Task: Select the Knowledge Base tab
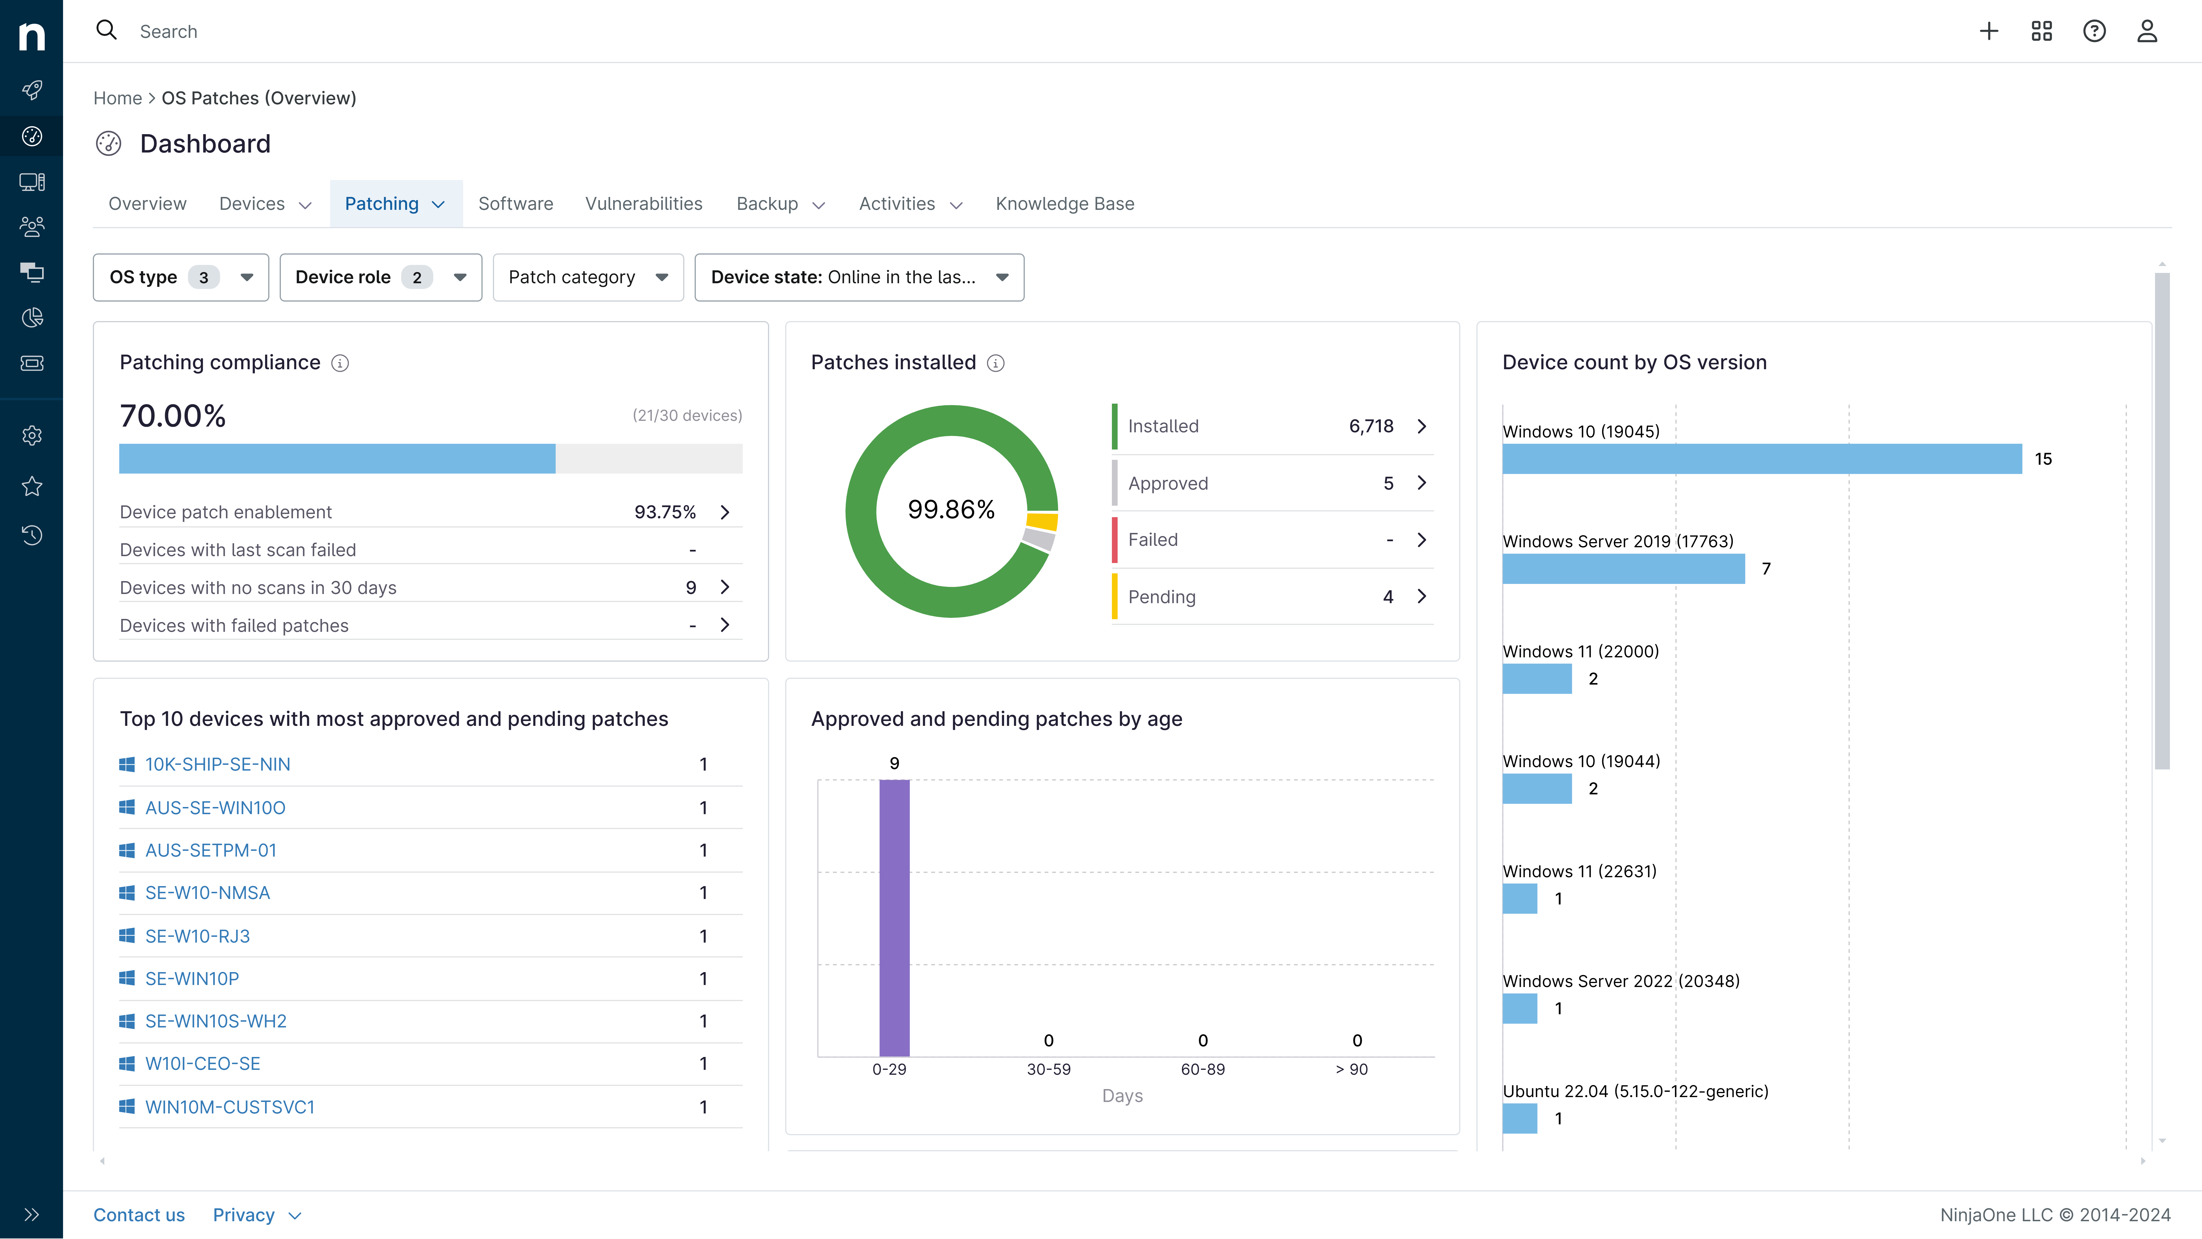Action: click(x=1064, y=204)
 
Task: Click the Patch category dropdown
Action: click(x=587, y=277)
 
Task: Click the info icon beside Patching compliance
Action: click(x=340, y=364)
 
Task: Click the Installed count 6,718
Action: click(x=1370, y=426)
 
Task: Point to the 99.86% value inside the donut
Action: click(x=951, y=510)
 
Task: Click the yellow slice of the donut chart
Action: click(x=1042, y=521)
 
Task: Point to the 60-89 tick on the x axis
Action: click(x=1202, y=1069)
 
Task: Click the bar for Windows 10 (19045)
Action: click(x=1761, y=459)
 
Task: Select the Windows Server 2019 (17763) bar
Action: click(x=1623, y=569)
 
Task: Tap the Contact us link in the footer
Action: click(x=138, y=1215)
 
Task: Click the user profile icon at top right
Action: click(x=2146, y=32)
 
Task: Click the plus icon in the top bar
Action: click(x=1988, y=32)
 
